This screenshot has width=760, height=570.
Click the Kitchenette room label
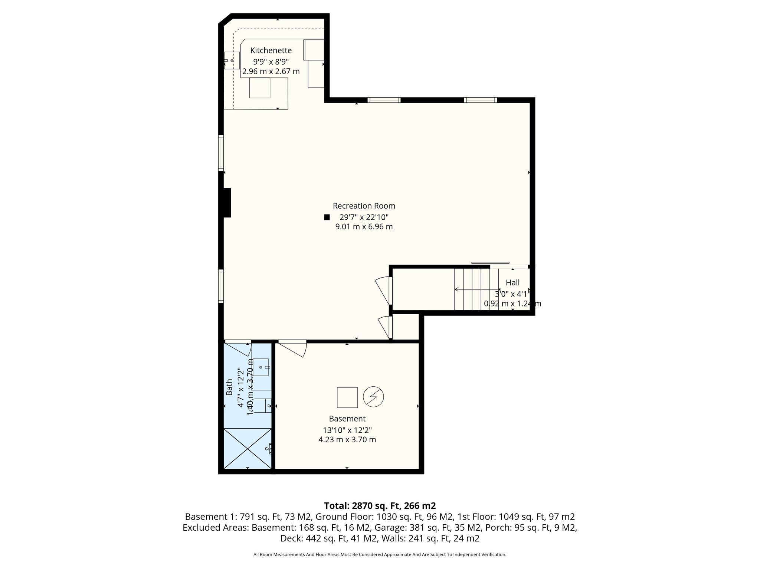pyautogui.click(x=271, y=50)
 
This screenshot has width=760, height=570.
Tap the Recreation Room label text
pyautogui.click(x=364, y=206)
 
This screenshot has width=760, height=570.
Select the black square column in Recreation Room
pyautogui.click(x=327, y=217)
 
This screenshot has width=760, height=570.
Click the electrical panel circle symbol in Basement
pyautogui.click(x=373, y=397)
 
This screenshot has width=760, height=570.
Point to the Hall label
pyautogui.click(x=512, y=283)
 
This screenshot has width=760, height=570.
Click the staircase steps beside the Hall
pyautogui.click(x=476, y=289)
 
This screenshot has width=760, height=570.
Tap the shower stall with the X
pyautogui.click(x=248, y=448)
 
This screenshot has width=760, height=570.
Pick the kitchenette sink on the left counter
pyautogui.click(x=232, y=60)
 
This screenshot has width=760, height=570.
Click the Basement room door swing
pyautogui.click(x=292, y=348)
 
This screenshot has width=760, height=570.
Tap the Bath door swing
pyautogui.click(x=238, y=348)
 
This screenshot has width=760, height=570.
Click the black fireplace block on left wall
pyautogui.click(x=227, y=203)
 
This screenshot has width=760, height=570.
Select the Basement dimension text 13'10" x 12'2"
pyautogui.click(x=347, y=430)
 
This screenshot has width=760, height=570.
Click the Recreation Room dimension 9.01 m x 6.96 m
pyautogui.click(x=364, y=226)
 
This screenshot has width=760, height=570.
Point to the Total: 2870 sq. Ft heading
pyautogui.click(x=380, y=506)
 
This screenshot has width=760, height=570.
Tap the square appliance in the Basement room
pyautogui.click(x=347, y=397)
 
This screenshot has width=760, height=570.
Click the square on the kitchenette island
pyautogui.click(x=260, y=88)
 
